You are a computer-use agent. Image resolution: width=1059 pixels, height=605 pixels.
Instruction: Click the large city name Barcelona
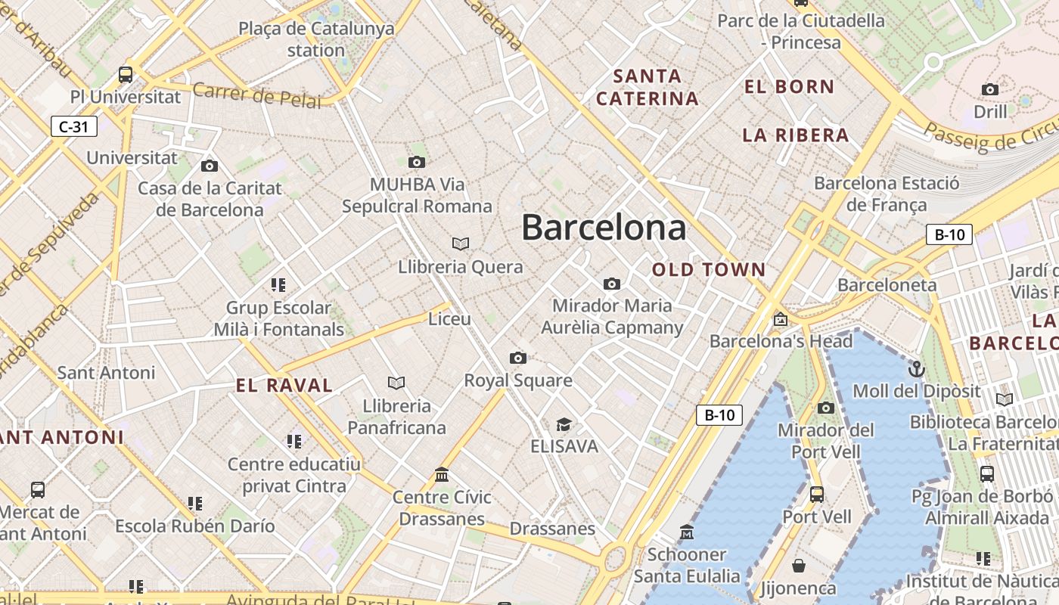pyautogui.click(x=604, y=228)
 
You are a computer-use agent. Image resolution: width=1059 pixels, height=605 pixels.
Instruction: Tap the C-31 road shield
pyautogui.click(x=74, y=126)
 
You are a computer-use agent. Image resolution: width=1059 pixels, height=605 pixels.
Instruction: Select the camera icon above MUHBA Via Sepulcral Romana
pyautogui.click(x=416, y=162)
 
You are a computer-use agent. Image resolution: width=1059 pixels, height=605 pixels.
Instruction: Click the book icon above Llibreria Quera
pyautogui.click(x=461, y=244)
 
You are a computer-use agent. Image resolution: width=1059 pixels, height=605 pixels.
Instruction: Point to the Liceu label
pyautogui.click(x=449, y=319)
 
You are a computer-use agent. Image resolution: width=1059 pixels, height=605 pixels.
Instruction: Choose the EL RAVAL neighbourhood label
pyautogui.click(x=284, y=386)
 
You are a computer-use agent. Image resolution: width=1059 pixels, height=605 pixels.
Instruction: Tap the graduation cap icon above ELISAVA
pyautogui.click(x=564, y=423)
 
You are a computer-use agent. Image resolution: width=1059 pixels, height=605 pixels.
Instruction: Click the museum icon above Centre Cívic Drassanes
pyautogui.click(x=442, y=474)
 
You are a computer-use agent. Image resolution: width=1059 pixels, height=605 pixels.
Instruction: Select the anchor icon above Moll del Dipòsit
pyautogui.click(x=917, y=369)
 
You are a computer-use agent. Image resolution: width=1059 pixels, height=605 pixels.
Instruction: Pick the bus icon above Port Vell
pyautogui.click(x=817, y=495)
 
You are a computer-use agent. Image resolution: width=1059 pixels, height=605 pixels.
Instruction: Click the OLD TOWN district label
pyautogui.click(x=709, y=270)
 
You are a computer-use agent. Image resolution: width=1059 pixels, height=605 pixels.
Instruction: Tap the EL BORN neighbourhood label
pyautogui.click(x=789, y=87)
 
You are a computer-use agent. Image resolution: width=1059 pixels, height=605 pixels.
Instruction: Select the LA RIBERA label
pyautogui.click(x=796, y=136)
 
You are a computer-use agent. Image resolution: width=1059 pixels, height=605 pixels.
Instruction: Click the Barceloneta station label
pyautogui.click(x=887, y=286)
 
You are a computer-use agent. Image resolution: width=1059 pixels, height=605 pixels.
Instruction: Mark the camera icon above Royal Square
pyautogui.click(x=518, y=358)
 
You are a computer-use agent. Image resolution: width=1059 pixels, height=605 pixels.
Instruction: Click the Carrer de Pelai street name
pyautogui.click(x=256, y=95)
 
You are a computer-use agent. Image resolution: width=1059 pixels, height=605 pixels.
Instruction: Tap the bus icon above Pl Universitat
pyautogui.click(x=126, y=75)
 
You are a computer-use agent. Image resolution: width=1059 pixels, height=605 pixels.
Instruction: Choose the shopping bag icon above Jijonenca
pyautogui.click(x=799, y=566)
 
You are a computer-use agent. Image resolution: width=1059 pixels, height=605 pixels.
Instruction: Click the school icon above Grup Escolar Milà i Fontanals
pyautogui.click(x=278, y=285)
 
